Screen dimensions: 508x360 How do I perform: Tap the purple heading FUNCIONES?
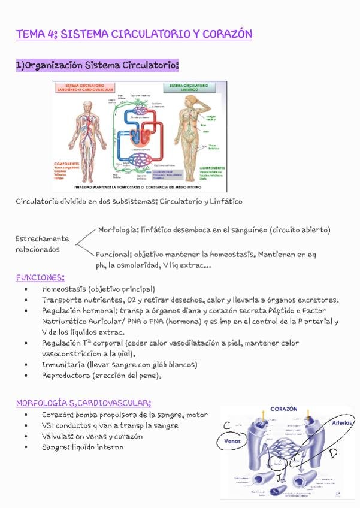pos(40,277)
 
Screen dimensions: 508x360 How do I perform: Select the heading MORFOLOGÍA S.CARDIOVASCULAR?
pos(83,403)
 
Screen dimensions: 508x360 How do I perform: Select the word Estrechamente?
pos(42,238)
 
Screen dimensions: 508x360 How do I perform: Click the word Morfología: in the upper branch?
pos(119,229)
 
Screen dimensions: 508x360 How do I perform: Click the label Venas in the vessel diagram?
pos(231,441)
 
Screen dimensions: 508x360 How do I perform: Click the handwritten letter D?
pos(333,452)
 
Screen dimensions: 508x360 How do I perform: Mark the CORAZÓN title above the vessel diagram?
pos(284,409)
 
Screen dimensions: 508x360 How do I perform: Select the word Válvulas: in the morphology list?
pos(59,436)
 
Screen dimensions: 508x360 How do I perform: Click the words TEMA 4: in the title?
pos(36,34)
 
